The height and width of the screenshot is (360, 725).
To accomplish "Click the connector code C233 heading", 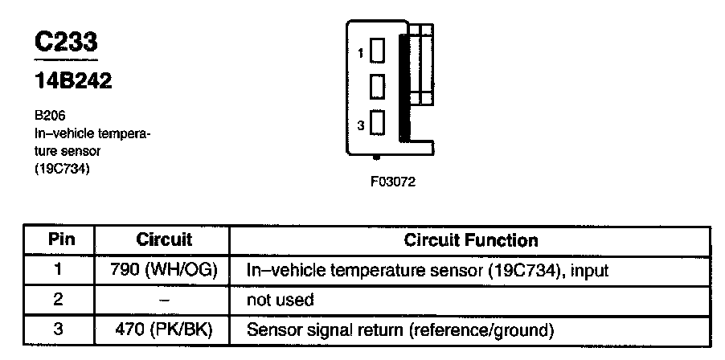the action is [x=66, y=42].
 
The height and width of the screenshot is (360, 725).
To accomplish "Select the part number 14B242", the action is [x=73, y=81].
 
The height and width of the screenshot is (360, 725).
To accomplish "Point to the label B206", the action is [x=50, y=116].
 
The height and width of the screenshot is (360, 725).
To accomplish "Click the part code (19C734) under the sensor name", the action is [x=62, y=169].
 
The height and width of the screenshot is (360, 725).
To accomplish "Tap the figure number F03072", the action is [x=393, y=182].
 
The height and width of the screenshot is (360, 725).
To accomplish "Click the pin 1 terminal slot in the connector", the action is [x=377, y=51].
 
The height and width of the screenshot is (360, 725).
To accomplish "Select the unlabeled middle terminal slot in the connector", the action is [x=377, y=87].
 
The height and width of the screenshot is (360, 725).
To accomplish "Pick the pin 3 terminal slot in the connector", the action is [x=377, y=122].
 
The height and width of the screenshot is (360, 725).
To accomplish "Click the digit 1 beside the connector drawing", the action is [x=361, y=53].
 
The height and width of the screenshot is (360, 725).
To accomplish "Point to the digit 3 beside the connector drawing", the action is [x=361, y=125].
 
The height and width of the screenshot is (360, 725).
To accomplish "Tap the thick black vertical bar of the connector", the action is [x=404, y=88].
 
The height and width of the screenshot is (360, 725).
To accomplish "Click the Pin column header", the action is [x=62, y=239].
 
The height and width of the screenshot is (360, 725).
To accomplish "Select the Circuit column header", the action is [x=164, y=239].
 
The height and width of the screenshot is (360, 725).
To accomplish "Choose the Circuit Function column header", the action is [x=471, y=240].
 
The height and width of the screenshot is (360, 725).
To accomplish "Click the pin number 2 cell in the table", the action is [x=58, y=300].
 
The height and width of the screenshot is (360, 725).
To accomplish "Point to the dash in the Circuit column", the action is [x=164, y=301].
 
